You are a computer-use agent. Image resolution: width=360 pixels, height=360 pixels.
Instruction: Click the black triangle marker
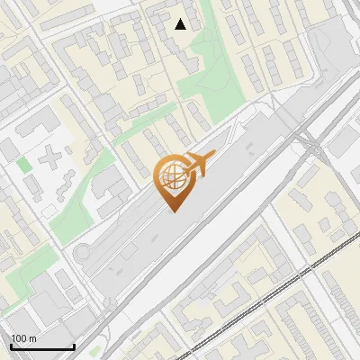tap(181, 24)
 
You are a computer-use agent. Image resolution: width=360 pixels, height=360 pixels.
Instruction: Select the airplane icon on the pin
tap(198, 164)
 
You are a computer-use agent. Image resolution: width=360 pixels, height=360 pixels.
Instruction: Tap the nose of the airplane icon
tap(213, 156)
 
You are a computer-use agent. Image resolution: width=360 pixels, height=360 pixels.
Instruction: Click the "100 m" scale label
tap(23, 337)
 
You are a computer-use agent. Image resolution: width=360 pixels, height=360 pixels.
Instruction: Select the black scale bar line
tap(42, 346)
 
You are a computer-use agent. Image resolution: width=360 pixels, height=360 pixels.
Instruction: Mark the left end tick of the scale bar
tap(11, 345)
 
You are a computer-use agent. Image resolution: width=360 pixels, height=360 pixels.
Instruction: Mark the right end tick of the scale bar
tap(74, 345)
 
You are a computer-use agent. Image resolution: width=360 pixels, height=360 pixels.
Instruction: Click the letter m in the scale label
tap(33, 337)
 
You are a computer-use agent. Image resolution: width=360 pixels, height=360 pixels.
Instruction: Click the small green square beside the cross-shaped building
tap(23, 165)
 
